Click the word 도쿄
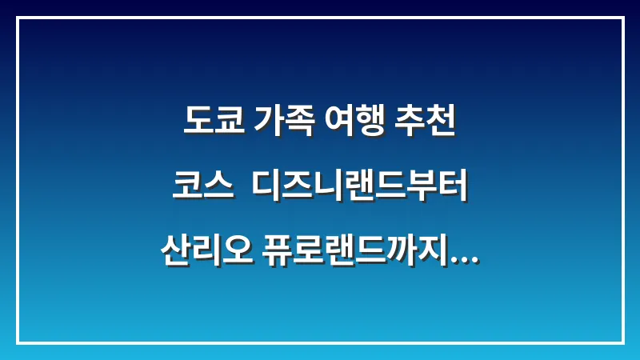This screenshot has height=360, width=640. [210, 122]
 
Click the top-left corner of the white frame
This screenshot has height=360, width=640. [18, 18]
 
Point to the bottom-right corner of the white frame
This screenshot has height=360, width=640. [622, 342]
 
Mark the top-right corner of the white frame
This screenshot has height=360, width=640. [622, 18]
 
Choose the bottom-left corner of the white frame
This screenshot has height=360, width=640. [18, 342]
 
